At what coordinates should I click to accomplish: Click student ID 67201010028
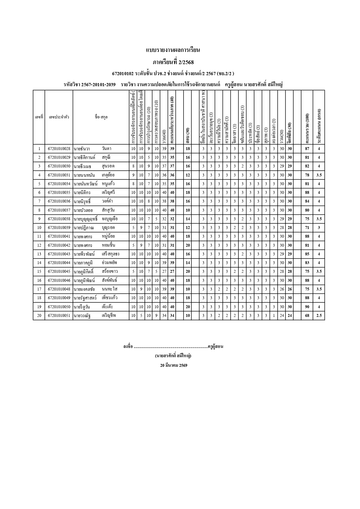coord(59,149)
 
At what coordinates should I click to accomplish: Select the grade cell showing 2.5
coord(319,316)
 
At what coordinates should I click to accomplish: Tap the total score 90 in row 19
coord(307,307)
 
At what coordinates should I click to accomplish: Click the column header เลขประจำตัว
coord(59,117)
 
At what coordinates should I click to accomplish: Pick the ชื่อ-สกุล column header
coord(101,117)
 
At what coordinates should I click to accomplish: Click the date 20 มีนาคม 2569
coord(174,365)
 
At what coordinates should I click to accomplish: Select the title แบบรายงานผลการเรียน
coord(173,50)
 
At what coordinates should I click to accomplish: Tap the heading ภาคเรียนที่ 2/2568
coord(173,62)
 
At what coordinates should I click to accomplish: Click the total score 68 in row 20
coord(307,316)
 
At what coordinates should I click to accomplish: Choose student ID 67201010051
coord(59,316)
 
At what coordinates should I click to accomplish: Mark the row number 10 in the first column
coord(39,228)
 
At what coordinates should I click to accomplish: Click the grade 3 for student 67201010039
coord(319,228)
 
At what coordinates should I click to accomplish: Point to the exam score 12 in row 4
coord(188,175)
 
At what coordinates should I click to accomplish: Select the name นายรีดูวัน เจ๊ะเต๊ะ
coord(93,307)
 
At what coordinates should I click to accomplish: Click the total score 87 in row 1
coord(307,149)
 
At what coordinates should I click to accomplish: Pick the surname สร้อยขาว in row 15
coord(110,272)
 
